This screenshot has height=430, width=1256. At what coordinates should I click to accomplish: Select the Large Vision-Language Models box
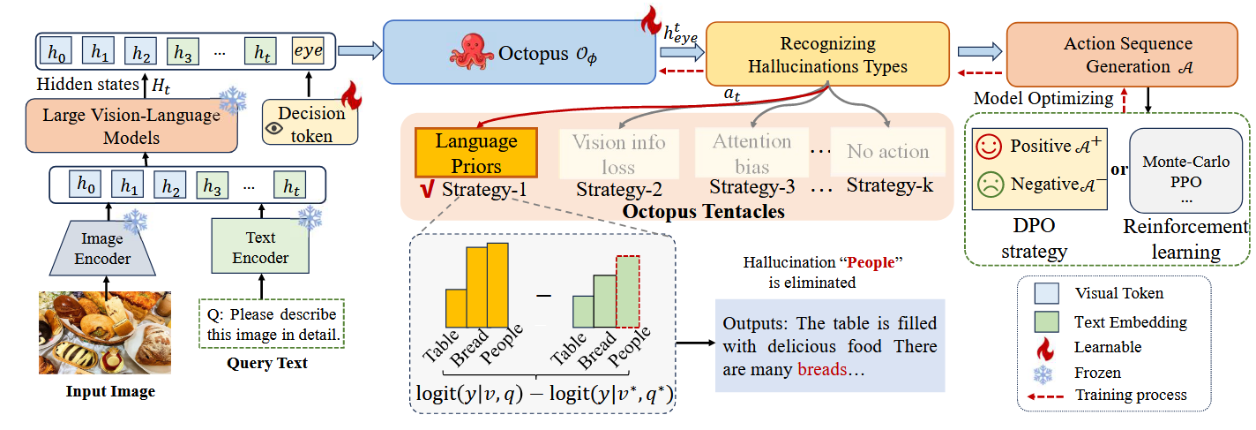[131, 125]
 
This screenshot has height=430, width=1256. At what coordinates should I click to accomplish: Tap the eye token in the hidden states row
[308, 52]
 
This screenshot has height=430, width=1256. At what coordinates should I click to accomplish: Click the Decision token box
[310, 124]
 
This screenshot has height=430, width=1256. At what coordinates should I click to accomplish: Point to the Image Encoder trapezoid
[107, 248]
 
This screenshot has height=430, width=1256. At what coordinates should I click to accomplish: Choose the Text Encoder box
[260, 248]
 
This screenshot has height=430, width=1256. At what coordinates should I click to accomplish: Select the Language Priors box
[475, 154]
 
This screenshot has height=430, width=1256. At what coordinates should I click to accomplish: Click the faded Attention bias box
[752, 153]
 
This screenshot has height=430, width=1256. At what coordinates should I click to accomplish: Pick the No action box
[887, 152]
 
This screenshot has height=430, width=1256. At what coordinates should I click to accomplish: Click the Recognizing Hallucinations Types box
[827, 55]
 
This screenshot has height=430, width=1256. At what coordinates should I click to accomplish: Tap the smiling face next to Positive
[991, 146]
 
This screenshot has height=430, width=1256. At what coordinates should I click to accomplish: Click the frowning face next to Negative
[991, 185]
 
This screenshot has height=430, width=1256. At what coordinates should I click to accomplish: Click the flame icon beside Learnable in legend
[1040, 347]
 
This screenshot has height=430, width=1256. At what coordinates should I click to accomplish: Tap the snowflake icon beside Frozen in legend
[1040, 373]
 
